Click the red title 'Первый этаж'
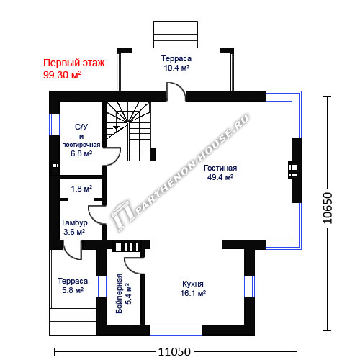pos(74,63)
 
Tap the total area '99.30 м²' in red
pos(62,75)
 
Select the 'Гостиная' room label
pos(220,168)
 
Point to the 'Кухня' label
pos(193,284)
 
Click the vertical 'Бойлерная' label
pos(119,294)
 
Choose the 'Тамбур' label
pos(74,222)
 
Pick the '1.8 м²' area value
pos(81,189)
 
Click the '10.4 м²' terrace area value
pos(176,68)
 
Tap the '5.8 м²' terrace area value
pos(73,290)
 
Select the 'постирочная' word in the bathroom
pos(81,145)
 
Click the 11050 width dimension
pos(174,352)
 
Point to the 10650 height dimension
pos(328,208)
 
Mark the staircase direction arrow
pos(116,128)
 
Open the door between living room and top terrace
pos(176,91)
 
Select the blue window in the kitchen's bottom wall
pos(176,330)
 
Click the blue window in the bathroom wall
pos(54,125)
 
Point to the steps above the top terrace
pos(176,35)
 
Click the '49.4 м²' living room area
pos(220,178)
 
